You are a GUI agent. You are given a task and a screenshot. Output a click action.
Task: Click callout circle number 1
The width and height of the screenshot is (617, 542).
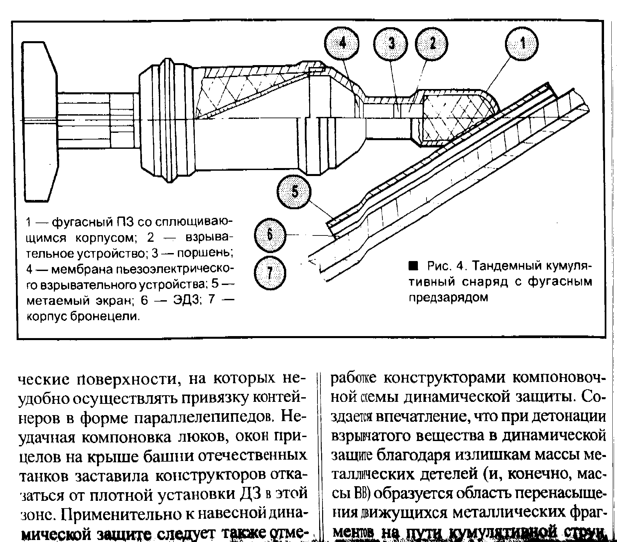tap(522, 44)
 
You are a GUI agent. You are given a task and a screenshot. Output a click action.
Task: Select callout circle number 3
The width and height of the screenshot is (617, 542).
tap(391, 44)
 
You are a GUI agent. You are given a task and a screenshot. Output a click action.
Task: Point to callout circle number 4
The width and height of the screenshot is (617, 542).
tap(343, 44)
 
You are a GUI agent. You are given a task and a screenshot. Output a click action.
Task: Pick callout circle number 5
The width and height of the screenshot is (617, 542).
tap(294, 192)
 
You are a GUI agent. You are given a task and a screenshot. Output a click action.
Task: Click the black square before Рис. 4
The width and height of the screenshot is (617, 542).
tap(413, 265)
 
